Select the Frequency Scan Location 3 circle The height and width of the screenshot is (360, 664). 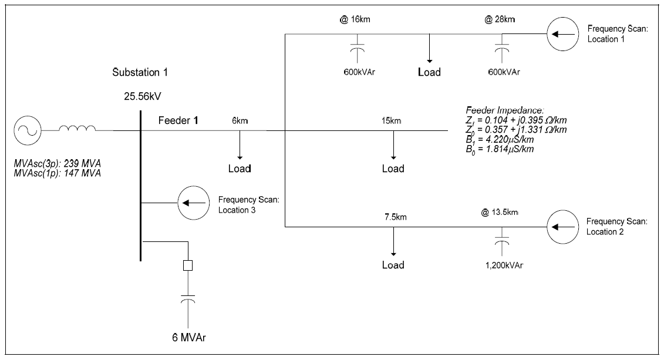[x=193, y=203]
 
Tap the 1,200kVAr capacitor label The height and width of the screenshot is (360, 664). [x=501, y=265]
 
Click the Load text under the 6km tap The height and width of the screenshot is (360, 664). [x=240, y=169]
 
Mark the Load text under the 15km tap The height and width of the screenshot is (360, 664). [x=393, y=169]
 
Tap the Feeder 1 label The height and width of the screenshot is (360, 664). [x=179, y=120]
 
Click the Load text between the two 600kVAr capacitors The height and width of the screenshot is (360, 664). [x=429, y=73]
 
